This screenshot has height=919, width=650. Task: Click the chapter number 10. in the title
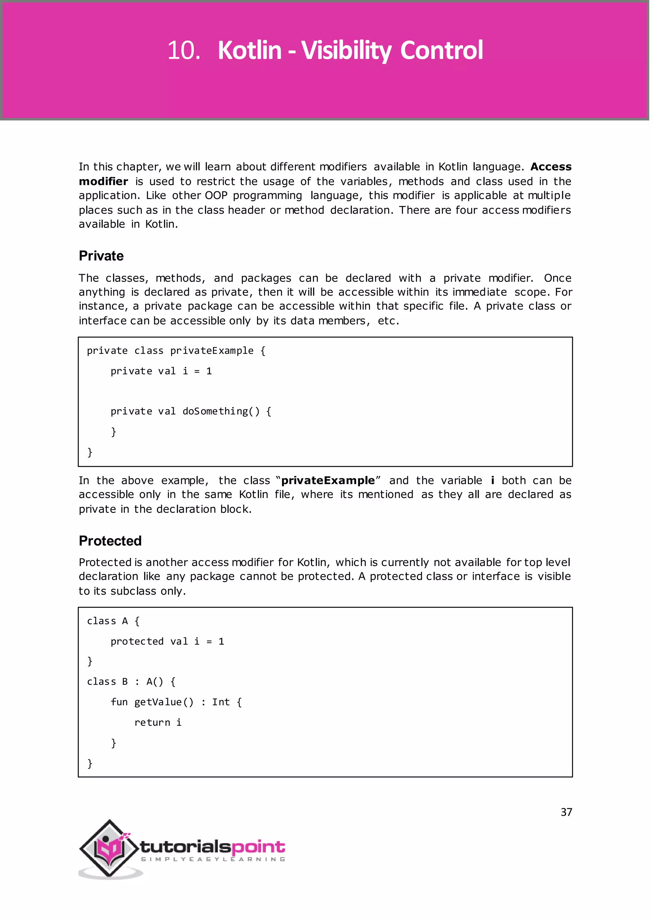(x=183, y=51)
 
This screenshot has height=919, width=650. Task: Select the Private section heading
(x=101, y=256)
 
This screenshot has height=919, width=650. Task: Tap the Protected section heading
(x=110, y=541)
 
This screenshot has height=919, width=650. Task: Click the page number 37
(x=566, y=812)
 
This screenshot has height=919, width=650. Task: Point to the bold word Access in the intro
(x=551, y=167)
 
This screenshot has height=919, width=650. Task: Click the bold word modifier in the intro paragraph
(x=103, y=181)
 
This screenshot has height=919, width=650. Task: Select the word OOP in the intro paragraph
(x=216, y=195)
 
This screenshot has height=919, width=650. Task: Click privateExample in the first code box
(x=212, y=351)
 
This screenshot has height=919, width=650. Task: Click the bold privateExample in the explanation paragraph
(x=328, y=480)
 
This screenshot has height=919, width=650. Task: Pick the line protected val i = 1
(x=167, y=641)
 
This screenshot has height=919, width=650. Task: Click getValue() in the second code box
(x=164, y=702)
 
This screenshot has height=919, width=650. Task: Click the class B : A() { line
(x=131, y=682)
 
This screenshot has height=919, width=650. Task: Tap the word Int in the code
(x=221, y=702)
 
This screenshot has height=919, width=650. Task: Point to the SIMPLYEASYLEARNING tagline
(x=213, y=859)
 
